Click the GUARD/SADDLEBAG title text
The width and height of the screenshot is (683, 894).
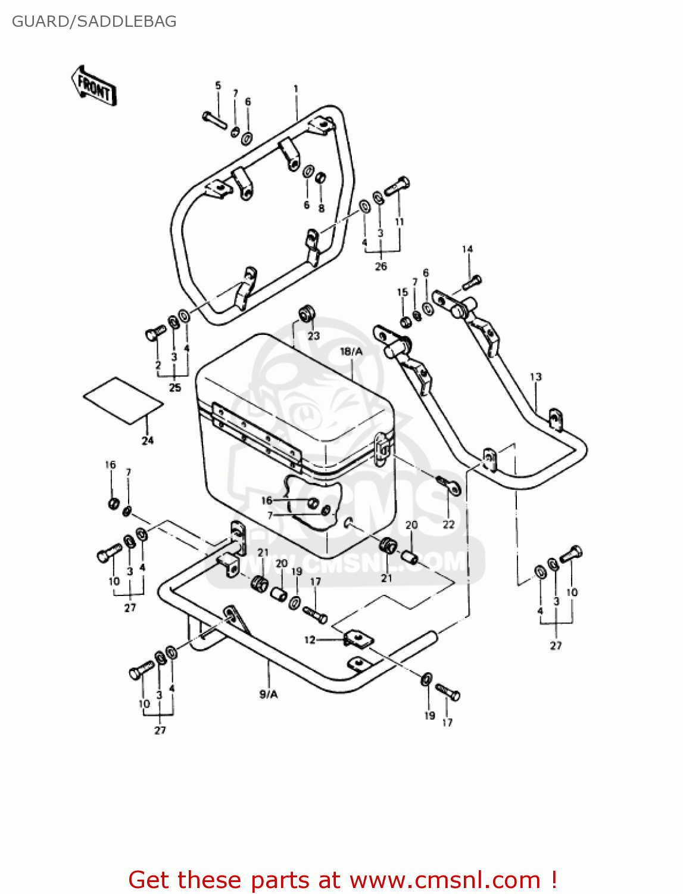[x=94, y=21]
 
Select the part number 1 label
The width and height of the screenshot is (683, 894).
[x=295, y=89]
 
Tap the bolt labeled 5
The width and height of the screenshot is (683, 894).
[x=214, y=120]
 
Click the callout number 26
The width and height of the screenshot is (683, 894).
[x=381, y=266]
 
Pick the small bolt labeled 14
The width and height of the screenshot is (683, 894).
[x=472, y=282]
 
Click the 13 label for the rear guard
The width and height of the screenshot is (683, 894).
[x=535, y=377]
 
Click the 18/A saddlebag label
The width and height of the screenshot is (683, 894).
[x=351, y=352]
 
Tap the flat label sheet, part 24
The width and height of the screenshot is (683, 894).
[x=123, y=400]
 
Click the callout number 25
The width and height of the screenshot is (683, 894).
[x=174, y=387]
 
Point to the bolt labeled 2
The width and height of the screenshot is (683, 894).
[x=155, y=333]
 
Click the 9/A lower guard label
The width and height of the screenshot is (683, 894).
[x=269, y=694]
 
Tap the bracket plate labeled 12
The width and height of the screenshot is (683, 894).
[x=358, y=640]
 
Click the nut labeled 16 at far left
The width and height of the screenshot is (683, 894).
[x=113, y=504]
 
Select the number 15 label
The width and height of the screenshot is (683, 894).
[x=403, y=292]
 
